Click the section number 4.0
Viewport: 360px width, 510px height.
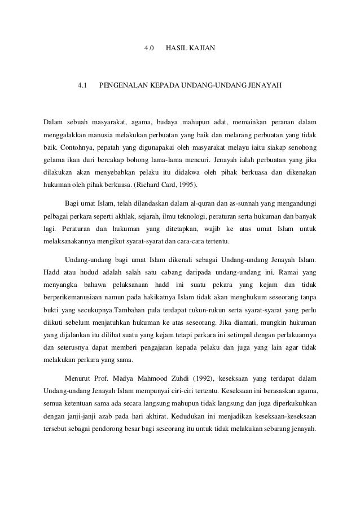click(150, 47)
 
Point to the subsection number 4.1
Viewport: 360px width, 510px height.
click(82, 86)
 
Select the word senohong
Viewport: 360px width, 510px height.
click(304, 147)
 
